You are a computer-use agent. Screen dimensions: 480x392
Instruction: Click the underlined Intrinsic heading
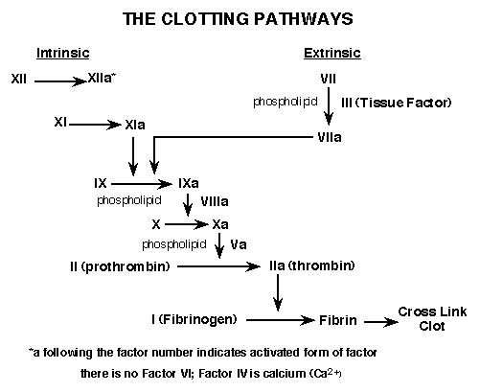[63, 53]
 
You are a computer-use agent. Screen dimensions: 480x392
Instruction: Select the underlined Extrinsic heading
[332, 53]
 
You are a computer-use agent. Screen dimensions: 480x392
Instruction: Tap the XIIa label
[102, 78]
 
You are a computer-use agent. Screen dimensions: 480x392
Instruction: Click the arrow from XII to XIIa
[60, 81]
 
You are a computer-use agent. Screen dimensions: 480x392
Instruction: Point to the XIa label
[135, 125]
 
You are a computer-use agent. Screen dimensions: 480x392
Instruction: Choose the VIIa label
[330, 137]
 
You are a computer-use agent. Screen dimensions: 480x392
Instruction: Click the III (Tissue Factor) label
[396, 103]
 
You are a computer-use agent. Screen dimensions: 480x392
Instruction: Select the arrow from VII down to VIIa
[329, 106]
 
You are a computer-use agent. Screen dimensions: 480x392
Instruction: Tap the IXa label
[189, 183]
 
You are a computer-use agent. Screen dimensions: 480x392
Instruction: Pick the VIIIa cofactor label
[215, 201]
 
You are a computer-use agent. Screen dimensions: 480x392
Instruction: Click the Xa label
[220, 224]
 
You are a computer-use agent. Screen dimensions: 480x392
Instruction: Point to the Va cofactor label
[239, 244]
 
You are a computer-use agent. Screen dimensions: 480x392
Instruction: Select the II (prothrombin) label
[120, 266]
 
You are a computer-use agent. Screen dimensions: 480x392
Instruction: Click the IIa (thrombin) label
[312, 265]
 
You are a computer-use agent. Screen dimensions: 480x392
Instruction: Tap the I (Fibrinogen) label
[194, 319]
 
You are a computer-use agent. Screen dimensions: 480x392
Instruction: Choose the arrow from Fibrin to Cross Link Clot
[381, 322]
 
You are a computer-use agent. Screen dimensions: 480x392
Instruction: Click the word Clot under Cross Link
[432, 326]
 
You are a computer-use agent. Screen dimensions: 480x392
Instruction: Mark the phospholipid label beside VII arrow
[286, 102]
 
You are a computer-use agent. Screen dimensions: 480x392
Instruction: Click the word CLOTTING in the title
[205, 19]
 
